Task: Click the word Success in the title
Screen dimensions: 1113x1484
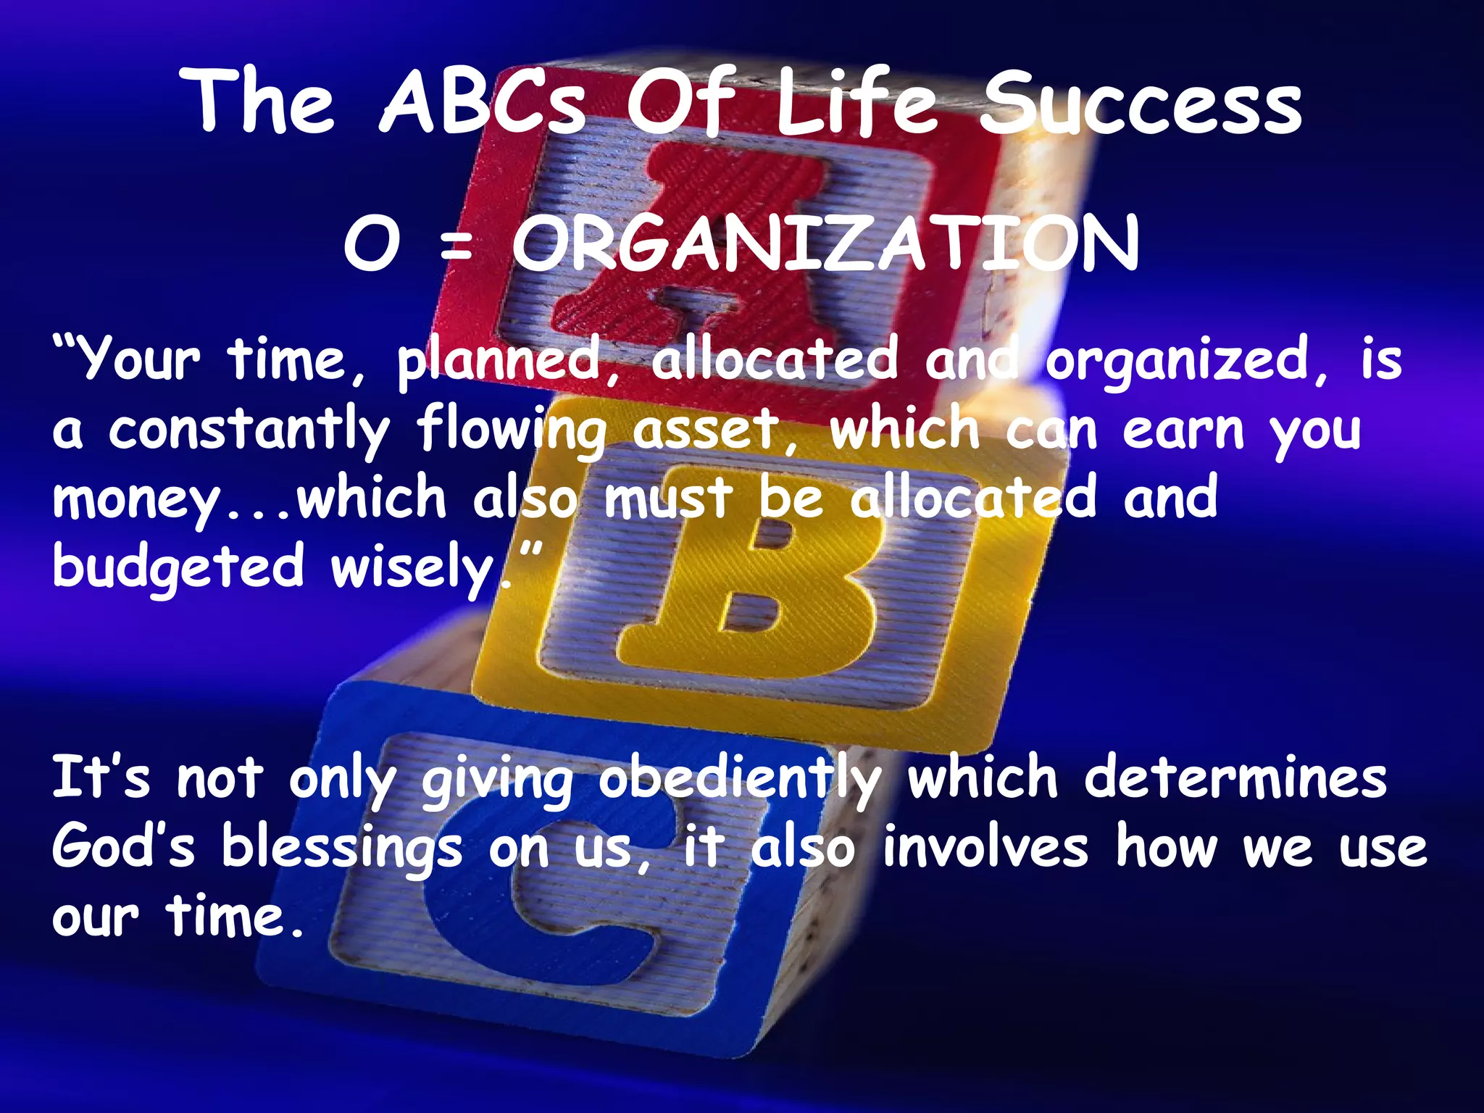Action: pos(1141,103)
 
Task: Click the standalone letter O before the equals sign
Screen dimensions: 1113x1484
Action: pos(372,244)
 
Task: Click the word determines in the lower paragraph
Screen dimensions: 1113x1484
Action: pos(1235,778)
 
